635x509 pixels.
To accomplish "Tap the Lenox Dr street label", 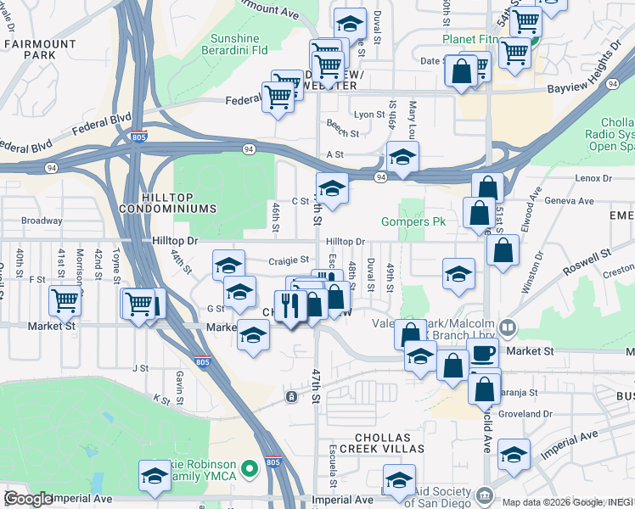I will click(593, 178).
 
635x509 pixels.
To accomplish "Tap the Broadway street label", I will click(42, 221).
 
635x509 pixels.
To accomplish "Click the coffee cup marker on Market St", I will click(484, 355).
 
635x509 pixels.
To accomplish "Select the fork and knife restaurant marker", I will click(290, 306).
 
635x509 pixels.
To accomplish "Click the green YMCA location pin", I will click(250, 468).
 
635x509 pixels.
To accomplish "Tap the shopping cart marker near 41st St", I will click(65, 299).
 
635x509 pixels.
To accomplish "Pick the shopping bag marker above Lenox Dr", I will click(488, 187).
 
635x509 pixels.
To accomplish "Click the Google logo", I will click(28, 499).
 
